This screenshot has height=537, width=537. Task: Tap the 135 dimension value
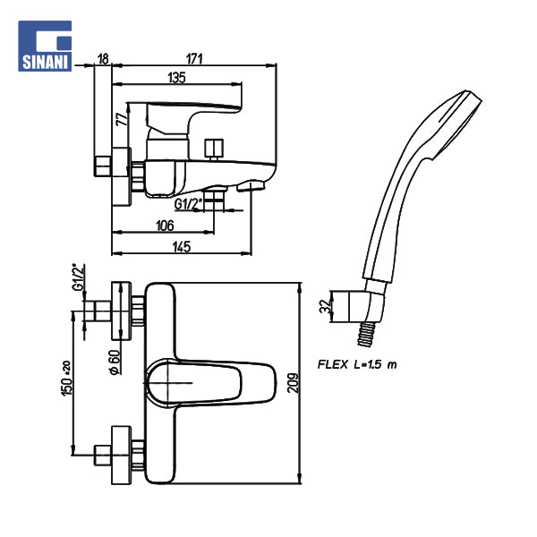[176, 79]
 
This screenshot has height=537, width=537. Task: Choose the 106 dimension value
[164, 226]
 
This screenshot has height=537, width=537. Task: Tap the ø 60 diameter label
[115, 362]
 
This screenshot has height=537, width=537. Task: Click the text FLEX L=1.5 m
[357, 364]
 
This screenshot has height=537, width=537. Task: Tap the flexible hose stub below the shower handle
[364, 334]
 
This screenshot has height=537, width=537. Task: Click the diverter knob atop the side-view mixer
[213, 146]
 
